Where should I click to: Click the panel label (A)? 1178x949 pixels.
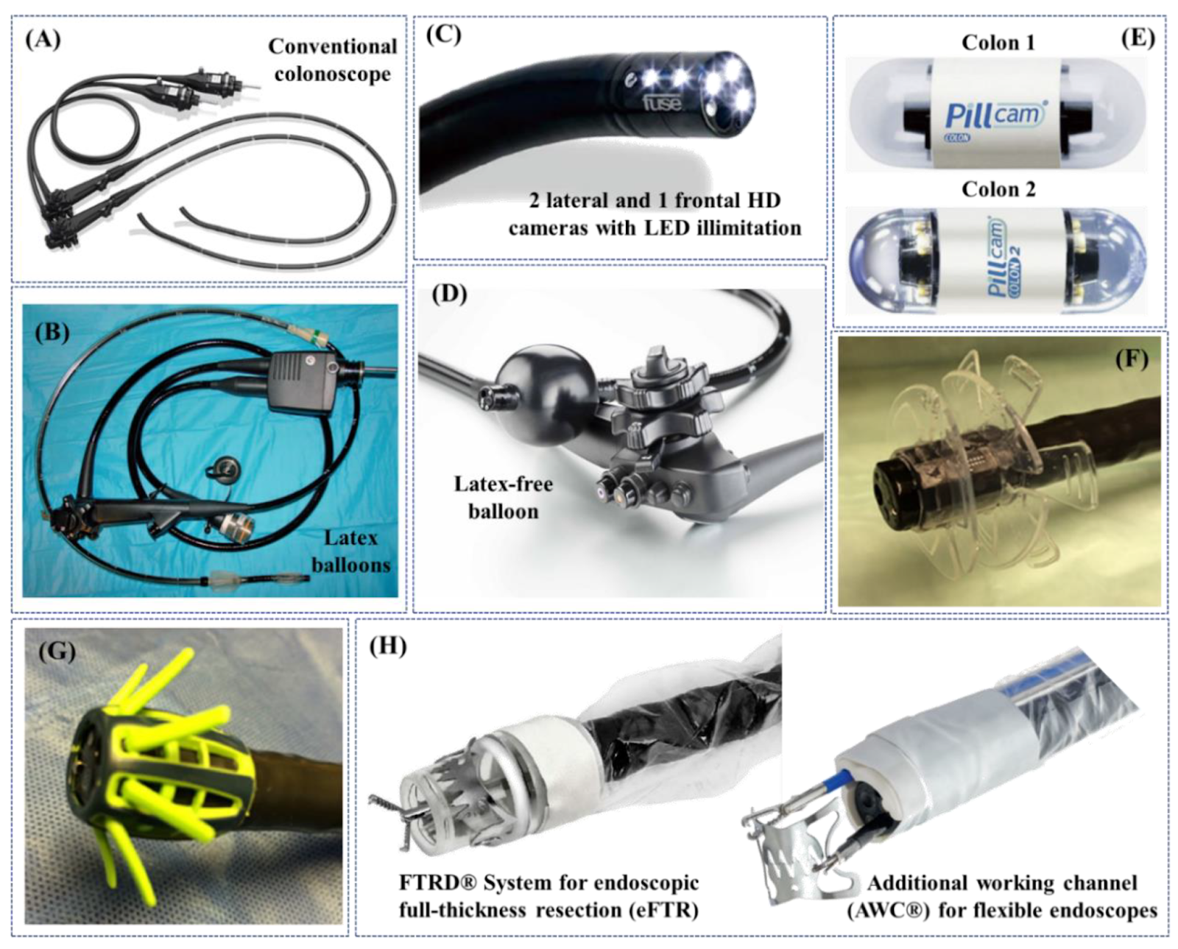click(43, 39)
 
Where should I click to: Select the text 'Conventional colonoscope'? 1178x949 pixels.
click(332, 60)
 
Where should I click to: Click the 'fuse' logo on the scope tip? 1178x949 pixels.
click(662, 102)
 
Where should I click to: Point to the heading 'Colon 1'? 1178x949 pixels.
click(998, 43)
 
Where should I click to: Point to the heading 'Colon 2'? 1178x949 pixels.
click(998, 189)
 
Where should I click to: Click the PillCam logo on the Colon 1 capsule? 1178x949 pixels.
click(995, 115)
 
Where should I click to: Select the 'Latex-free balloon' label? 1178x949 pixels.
click(503, 497)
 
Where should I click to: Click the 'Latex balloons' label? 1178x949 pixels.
click(350, 551)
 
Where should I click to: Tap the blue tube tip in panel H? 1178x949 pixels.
click(842, 777)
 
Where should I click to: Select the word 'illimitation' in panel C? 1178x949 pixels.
click(745, 227)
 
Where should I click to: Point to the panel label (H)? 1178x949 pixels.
click(387, 646)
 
